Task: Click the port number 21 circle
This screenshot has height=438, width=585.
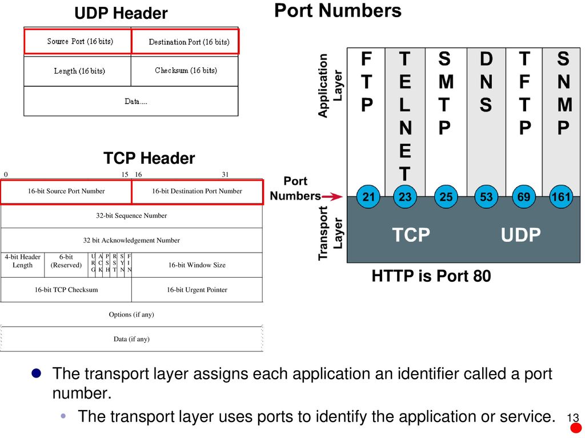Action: coord(368,196)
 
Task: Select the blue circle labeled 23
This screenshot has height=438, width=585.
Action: coord(405,196)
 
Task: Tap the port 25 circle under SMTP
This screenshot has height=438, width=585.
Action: coord(446,196)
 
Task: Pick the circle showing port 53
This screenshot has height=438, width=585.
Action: coord(486,196)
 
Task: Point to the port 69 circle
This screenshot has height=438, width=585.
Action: coord(524,196)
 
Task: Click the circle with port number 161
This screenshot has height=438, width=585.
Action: coord(561,196)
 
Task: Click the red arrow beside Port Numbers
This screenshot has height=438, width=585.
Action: coord(332,196)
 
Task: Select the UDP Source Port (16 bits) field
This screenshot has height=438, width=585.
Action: coord(78,41)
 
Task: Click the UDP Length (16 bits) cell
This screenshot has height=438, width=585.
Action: coord(78,71)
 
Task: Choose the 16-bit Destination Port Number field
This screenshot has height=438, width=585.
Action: coord(197,192)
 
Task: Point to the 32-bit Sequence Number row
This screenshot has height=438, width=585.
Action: coord(131,216)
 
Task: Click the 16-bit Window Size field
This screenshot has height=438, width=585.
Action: coord(197,265)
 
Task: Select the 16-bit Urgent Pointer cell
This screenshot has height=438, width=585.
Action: coord(197,290)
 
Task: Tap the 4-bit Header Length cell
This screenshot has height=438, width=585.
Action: coord(22,265)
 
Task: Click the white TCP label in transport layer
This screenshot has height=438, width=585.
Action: coord(411,235)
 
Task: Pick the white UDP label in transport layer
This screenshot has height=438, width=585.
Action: coord(520,235)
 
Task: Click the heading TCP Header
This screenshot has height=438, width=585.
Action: coord(149,158)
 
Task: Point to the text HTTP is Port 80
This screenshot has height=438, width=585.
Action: coord(431,276)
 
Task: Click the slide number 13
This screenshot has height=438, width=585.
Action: coord(572,417)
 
